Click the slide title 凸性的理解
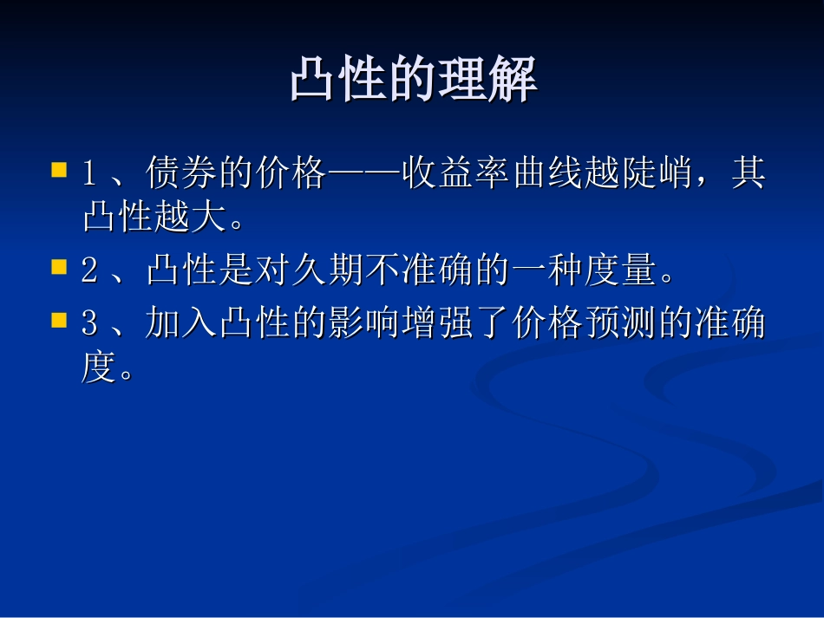(413, 81)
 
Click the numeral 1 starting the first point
(88, 174)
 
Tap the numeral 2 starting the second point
(88, 272)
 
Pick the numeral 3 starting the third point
(88, 325)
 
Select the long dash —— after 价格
(363, 174)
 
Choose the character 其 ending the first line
(748, 173)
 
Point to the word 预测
(619, 324)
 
